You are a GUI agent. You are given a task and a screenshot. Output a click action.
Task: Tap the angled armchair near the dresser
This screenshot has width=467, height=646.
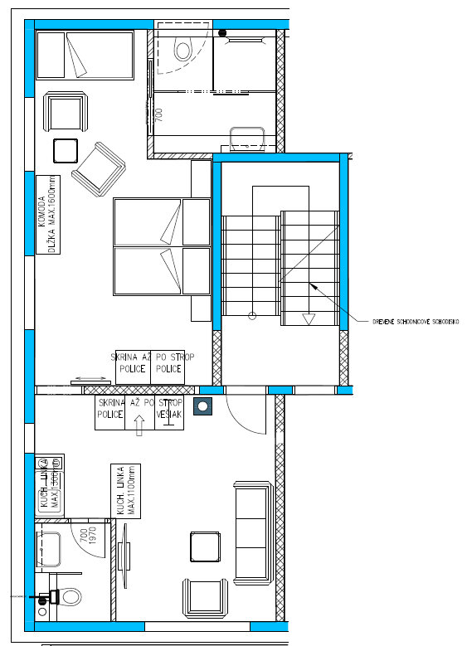[x=98, y=168]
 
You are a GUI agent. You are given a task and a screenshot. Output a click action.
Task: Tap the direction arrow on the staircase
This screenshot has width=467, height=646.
[x=307, y=315]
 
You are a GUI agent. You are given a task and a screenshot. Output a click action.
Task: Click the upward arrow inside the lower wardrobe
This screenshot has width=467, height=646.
[x=139, y=423]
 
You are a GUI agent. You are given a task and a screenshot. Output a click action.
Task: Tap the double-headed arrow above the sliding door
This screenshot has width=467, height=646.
[x=89, y=380]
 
